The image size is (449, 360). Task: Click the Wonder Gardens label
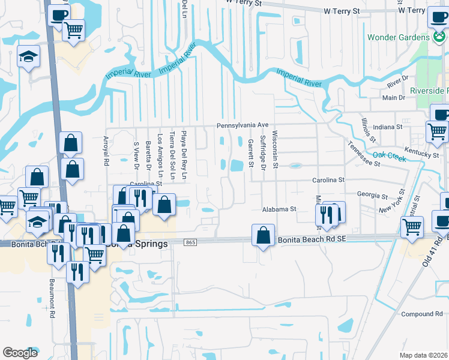[399, 37]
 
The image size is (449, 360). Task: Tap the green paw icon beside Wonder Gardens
[439, 37]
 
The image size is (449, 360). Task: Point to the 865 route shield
[191, 242]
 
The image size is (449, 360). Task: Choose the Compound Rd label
[421, 314]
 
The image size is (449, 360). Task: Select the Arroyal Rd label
[106, 151]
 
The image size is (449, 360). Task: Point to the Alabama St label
[279, 209]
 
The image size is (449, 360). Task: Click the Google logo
[20, 353]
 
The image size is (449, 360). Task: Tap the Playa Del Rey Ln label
[185, 155]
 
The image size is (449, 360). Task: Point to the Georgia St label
[372, 196]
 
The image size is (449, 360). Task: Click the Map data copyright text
[424, 355]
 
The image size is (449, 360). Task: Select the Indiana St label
[387, 127]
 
